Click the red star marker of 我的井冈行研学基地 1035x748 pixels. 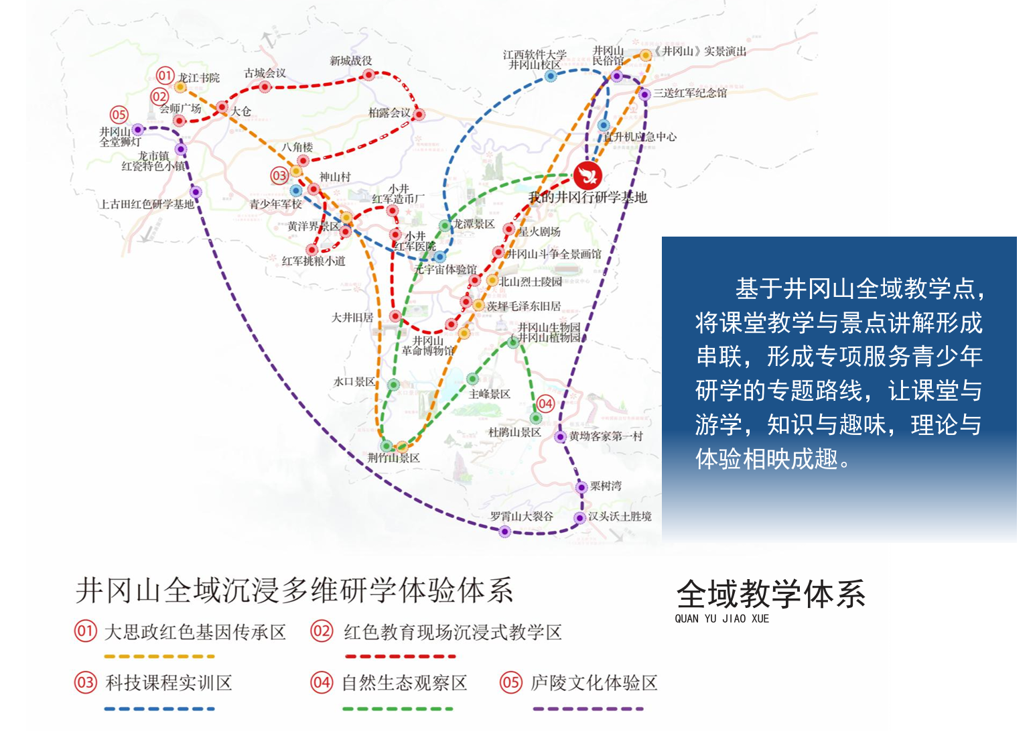click(588, 176)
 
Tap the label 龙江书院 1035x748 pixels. click(199, 78)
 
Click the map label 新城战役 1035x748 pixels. click(350, 61)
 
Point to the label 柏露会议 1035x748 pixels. click(389, 113)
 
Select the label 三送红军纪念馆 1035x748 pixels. click(690, 93)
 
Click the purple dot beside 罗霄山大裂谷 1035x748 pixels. click(505, 532)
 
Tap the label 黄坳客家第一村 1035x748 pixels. click(606, 436)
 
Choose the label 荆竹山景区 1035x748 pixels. click(393, 458)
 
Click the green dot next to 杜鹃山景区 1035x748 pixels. click(536, 419)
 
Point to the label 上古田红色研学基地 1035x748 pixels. click(147, 204)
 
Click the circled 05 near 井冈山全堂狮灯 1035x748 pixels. click(119, 115)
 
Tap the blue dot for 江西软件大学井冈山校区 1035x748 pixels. click(551, 76)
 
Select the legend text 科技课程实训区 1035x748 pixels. click(169, 683)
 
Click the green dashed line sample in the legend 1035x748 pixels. click(397, 708)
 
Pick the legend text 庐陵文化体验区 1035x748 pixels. click(594, 683)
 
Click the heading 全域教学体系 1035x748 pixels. click(770, 595)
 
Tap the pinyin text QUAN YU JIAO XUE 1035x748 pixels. click(721, 619)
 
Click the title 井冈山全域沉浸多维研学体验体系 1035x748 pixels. click(294, 590)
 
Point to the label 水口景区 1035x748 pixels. click(354, 382)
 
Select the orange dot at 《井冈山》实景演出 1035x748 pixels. click(645, 55)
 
